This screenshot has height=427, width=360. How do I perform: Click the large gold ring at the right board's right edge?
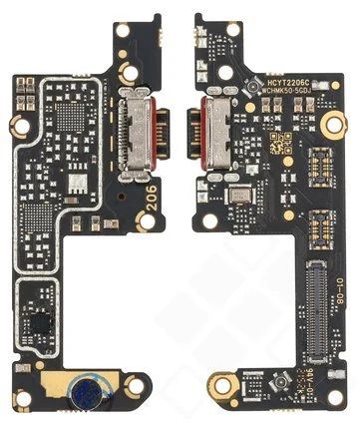pos(335,124)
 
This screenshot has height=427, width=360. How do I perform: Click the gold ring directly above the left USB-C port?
pos(130,73)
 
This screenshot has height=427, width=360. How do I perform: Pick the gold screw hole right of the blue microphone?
pos(136,384)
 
